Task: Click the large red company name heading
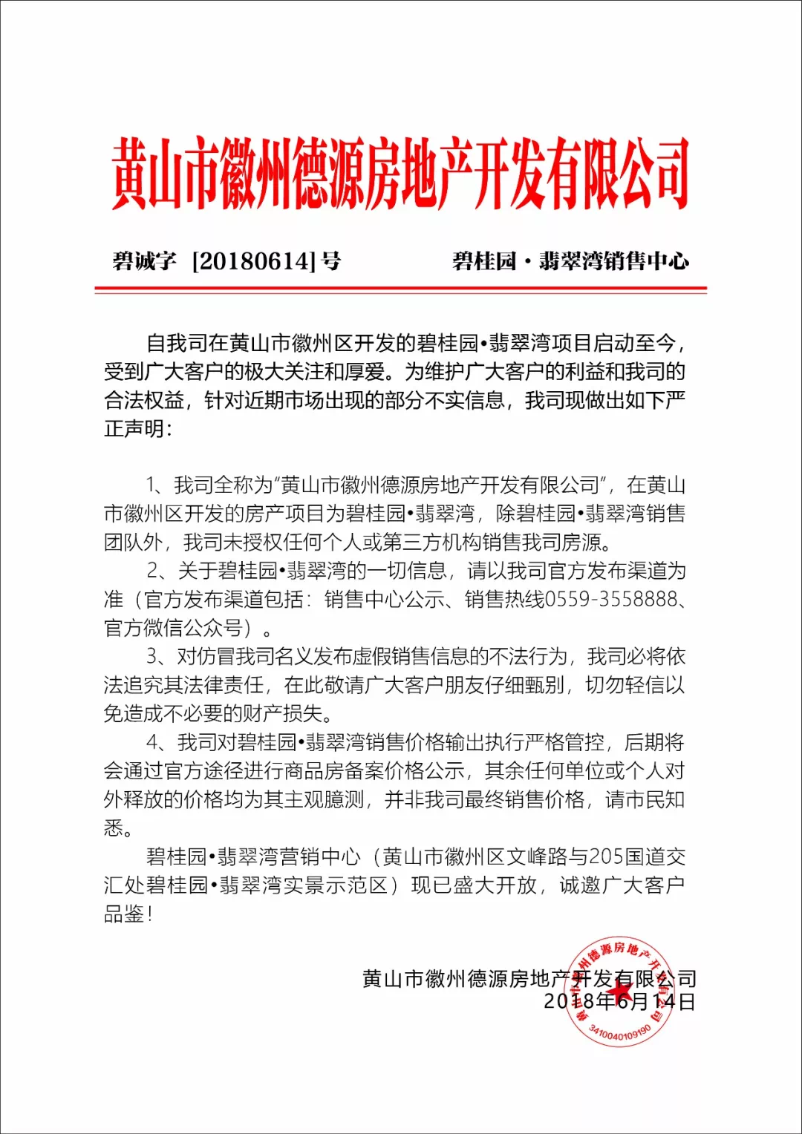coord(401,174)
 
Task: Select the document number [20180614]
coord(254,261)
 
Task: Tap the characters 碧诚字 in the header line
coord(144,261)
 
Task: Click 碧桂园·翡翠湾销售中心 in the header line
coord(570,261)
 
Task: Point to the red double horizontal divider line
coord(401,289)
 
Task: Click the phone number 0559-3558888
coord(611,600)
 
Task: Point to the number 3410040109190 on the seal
coord(619,1032)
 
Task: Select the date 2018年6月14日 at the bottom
coord(619,1002)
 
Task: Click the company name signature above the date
coord(529,980)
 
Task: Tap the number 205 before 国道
coord(606,857)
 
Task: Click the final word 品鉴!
coord(128,914)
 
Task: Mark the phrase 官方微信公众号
coord(174,629)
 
